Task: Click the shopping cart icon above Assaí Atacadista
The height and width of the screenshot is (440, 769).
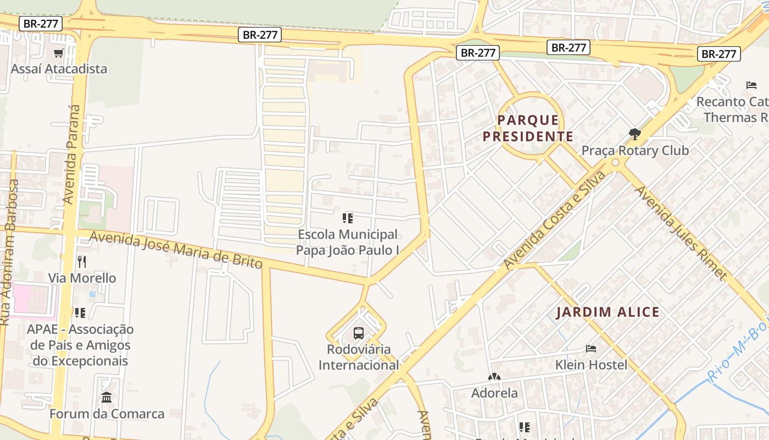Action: (x=59, y=53)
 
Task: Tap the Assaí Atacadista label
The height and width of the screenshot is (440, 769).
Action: (x=59, y=69)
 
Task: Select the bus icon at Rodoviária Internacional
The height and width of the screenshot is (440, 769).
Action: (x=359, y=333)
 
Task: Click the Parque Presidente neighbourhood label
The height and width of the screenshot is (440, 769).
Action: (x=528, y=128)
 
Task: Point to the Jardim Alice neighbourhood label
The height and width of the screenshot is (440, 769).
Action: (x=608, y=312)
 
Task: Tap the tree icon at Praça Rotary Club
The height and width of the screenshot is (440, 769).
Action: (x=634, y=134)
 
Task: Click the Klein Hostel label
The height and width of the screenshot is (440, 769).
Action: (x=591, y=365)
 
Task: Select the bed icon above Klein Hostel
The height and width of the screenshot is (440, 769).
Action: (x=591, y=348)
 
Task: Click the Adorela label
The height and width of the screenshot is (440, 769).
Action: (x=494, y=393)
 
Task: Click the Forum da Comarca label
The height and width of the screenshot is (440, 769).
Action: (x=107, y=414)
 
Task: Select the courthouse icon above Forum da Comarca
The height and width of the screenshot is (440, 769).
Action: (x=107, y=397)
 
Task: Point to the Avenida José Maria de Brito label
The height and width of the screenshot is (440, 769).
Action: (x=176, y=250)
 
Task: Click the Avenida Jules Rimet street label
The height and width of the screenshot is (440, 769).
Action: (x=681, y=233)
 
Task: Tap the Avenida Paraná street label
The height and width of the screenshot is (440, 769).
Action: (x=71, y=155)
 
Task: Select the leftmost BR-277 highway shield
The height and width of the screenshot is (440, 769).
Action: (x=41, y=24)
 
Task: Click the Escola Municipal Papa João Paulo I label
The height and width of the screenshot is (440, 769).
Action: (x=348, y=242)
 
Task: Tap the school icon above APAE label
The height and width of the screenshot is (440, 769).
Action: (x=80, y=313)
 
